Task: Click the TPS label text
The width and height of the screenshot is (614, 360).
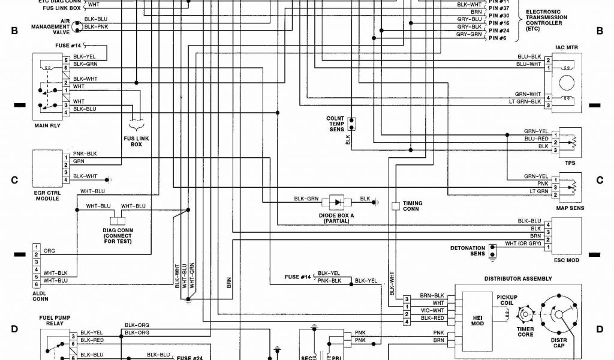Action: pos(570,163)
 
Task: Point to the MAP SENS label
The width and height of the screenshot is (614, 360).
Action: pos(570,208)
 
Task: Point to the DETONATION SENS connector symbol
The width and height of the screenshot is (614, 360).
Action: pos(493,251)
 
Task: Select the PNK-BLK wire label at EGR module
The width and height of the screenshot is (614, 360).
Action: pos(85,154)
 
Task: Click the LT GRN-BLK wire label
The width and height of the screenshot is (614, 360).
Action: pos(525,101)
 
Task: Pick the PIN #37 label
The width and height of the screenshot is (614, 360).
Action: pos(499,8)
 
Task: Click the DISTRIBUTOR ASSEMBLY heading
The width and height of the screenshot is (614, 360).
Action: pos(518,278)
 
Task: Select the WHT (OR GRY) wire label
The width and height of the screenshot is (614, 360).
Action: pos(523,243)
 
